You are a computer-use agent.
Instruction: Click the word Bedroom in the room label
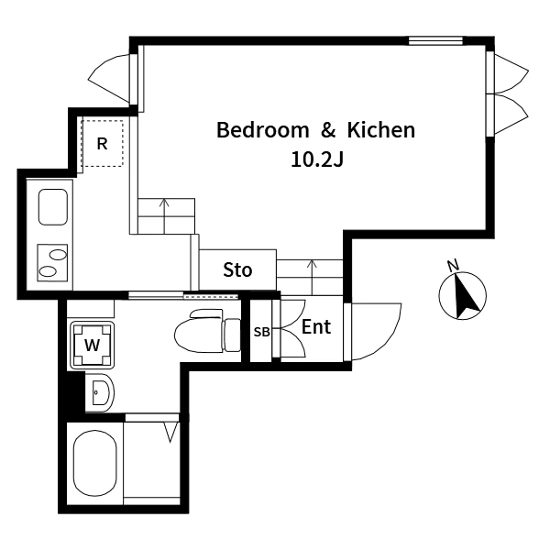263,130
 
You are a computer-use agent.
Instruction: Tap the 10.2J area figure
317,159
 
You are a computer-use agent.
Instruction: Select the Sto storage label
237,270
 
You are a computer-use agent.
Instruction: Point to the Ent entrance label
316,326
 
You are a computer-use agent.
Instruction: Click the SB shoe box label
261,332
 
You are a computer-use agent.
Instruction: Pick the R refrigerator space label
102,144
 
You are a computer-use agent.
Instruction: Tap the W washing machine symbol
93,346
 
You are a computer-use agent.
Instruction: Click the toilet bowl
199,332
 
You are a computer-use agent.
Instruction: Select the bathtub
94,463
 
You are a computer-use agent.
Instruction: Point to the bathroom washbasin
100,393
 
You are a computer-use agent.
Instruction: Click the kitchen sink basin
53,207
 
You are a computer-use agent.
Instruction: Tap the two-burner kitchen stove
52,263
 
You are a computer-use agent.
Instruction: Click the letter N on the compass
453,266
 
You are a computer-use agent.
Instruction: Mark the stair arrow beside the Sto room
312,278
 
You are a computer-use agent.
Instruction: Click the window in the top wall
435,40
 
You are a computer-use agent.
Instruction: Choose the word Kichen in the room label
381,130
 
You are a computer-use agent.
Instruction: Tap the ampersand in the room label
328,130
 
